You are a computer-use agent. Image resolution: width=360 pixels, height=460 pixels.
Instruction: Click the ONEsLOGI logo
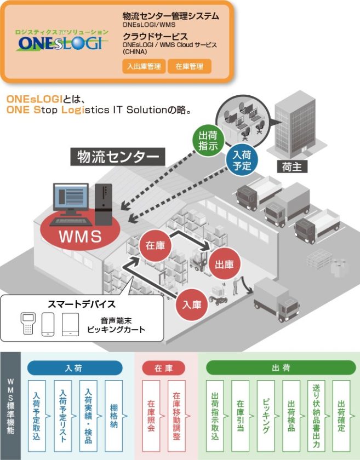[x=59, y=41]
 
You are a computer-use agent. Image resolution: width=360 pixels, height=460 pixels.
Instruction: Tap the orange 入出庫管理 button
[x=144, y=66]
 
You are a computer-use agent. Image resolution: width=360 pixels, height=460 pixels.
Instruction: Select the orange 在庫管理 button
[x=189, y=66]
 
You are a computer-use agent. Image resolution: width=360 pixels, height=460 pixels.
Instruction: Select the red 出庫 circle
[x=224, y=264]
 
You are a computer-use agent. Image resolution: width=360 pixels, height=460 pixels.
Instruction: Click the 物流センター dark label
[x=118, y=157]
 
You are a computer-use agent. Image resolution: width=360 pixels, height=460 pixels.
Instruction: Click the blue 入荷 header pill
[x=74, y=367]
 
